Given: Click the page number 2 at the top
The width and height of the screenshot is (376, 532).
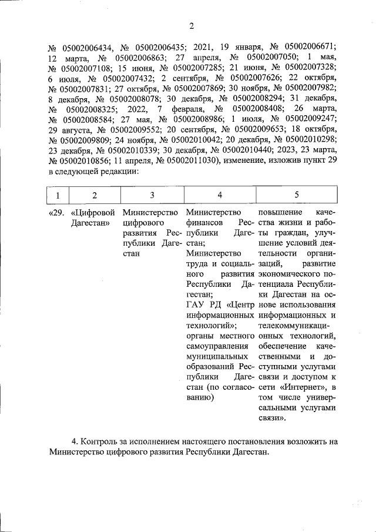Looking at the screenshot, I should click(192, 25).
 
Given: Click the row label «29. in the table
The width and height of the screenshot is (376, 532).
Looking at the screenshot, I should click(56, 212).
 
